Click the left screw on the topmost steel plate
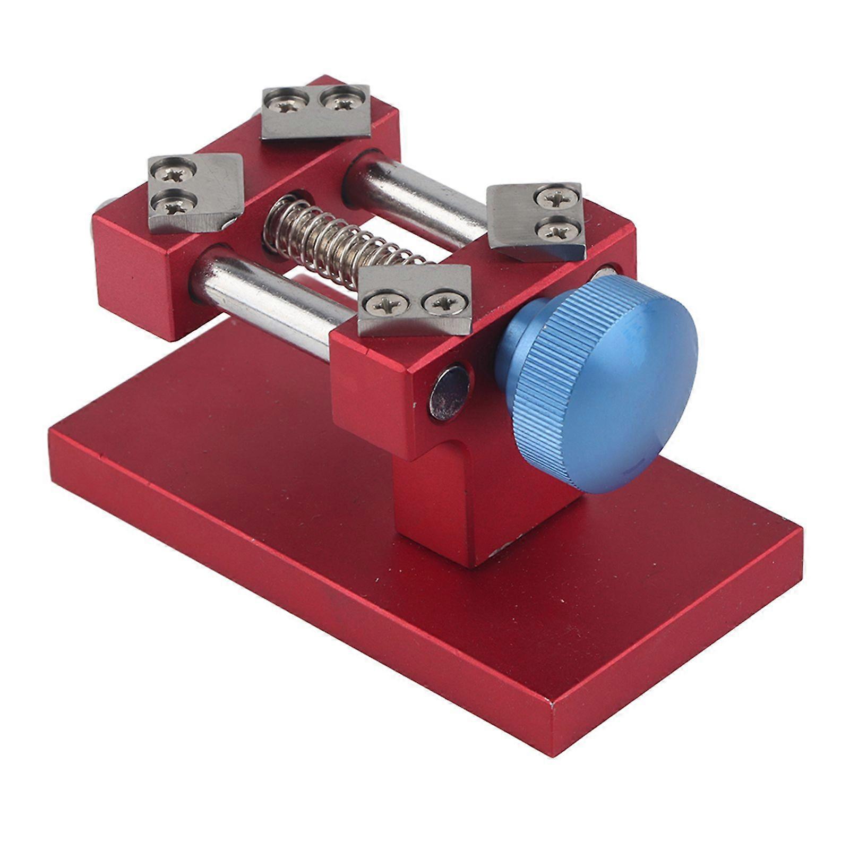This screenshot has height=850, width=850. click(287, 106)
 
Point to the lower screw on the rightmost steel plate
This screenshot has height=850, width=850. click(555, 229)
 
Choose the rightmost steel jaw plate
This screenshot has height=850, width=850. click(536, 220)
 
